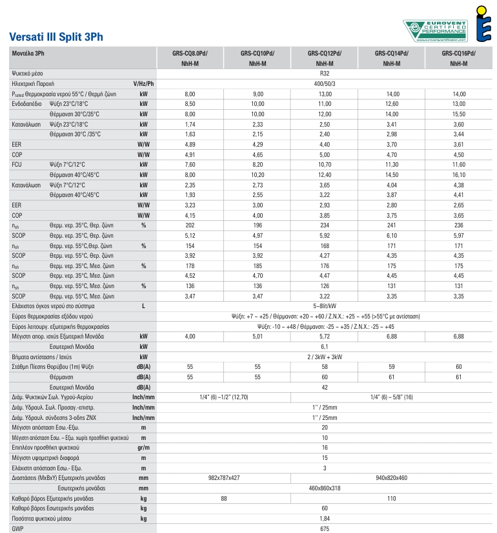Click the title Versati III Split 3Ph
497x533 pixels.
(x=56, y=37)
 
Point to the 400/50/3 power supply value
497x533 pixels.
(x=325, y=84)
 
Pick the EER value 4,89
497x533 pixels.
(x=190, y=145)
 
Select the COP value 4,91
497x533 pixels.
(x=190, y=155)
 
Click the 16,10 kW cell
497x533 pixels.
(x=459, y=174)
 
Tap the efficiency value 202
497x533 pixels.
(x=190, y=225)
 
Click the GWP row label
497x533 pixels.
(x=18, y=529)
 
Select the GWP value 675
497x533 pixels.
(x=325, y=529)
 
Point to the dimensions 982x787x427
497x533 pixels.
(x=224, y=478)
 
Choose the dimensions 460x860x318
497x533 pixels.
(x=325, y=488)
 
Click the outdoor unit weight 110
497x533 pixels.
(x=392, y=498)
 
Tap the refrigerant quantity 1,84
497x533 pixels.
(x=325, y=518)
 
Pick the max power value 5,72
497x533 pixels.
(x=325, y=337)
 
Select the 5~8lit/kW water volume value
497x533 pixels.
(x=325, y=306)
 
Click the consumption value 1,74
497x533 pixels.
(x=190, y=125)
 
